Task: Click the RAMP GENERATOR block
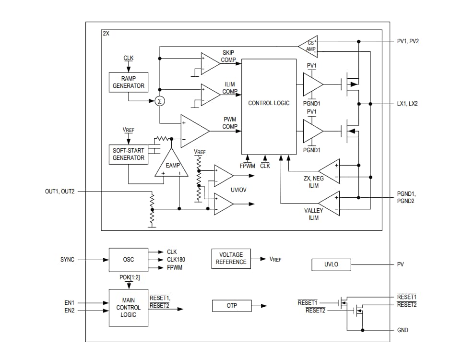click(128, 82)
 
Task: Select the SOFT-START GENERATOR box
click(128, 154)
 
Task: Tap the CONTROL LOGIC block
click(269, 103)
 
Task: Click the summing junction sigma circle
click(159, 101)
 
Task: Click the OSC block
click(128, 260)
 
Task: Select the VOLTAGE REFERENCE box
click(231, 258)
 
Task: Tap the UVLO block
click(331, 264)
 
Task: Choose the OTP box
click(231, 306)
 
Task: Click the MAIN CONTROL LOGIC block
click(128, 308)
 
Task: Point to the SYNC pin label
click(67, 260)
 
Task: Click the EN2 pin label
click(70, 311)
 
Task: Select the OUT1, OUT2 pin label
click(60, 192)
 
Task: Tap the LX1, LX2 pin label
click(407, 104)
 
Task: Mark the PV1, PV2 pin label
click(408, 41)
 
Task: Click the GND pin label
click(403, 330)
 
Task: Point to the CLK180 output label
click(176, 260)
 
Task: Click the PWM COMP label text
click(229, 123)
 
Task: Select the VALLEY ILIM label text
click(313, 214)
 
